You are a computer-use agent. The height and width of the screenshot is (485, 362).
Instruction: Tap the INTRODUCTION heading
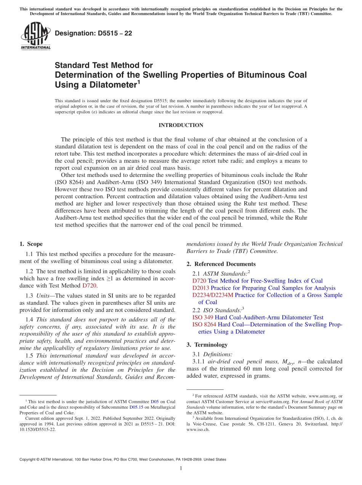point(181,125)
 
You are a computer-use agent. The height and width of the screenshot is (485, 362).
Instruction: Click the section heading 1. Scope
point(31,244)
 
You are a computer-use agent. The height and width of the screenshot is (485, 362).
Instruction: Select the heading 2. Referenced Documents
point(221,264)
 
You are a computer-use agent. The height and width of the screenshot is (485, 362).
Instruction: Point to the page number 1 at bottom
point(181,468)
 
